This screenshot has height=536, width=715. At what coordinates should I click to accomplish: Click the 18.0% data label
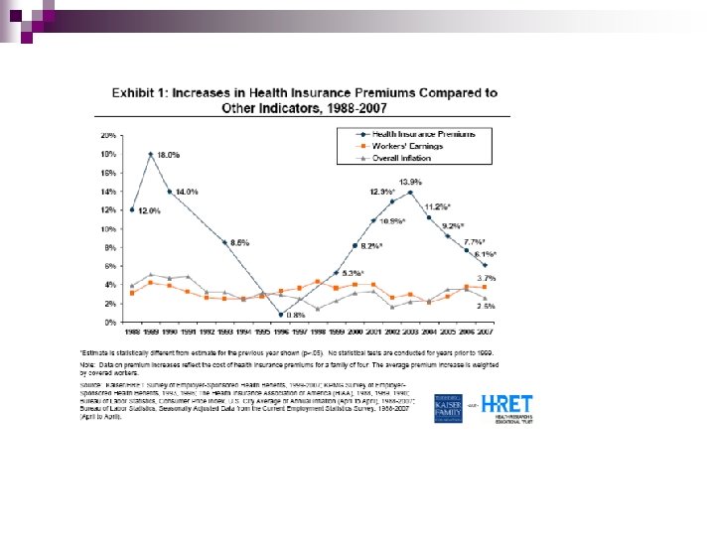pos(169,156)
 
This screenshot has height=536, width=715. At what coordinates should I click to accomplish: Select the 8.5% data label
pos(239,242)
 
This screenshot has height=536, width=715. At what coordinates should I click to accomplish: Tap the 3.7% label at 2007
pos(487,278)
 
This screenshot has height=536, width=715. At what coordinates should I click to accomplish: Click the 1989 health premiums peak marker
pos(150,154)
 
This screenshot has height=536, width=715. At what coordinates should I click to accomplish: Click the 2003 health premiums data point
pos(410,193)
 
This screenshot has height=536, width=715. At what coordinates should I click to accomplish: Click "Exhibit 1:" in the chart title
pos(141,93)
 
